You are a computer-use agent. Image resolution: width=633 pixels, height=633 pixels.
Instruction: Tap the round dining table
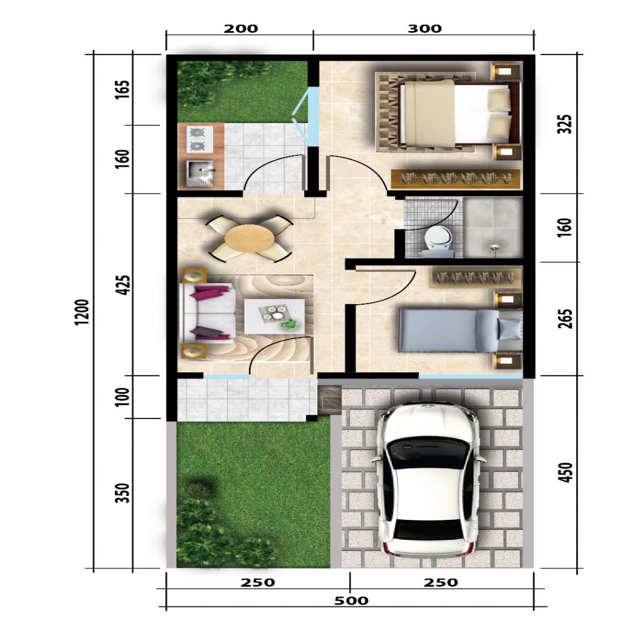tap(249, 237)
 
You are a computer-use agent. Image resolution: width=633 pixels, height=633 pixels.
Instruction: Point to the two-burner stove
tap(197, 138)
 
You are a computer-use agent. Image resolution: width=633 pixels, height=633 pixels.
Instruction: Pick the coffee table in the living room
tap(274, 316)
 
